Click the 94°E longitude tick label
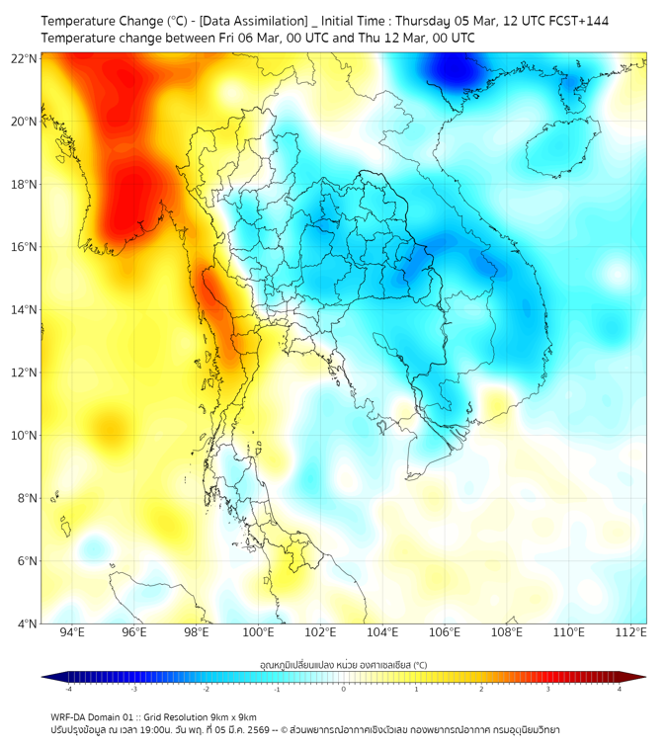[x=72, y=632]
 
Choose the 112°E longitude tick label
[x=630, y=632]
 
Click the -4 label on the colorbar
[x=67, y=689]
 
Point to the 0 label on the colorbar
[x=344, y=689]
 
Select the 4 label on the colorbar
[x=619, y=689]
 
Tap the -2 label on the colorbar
[x=206, y=689]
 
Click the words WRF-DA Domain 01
[x=85, y=716]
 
